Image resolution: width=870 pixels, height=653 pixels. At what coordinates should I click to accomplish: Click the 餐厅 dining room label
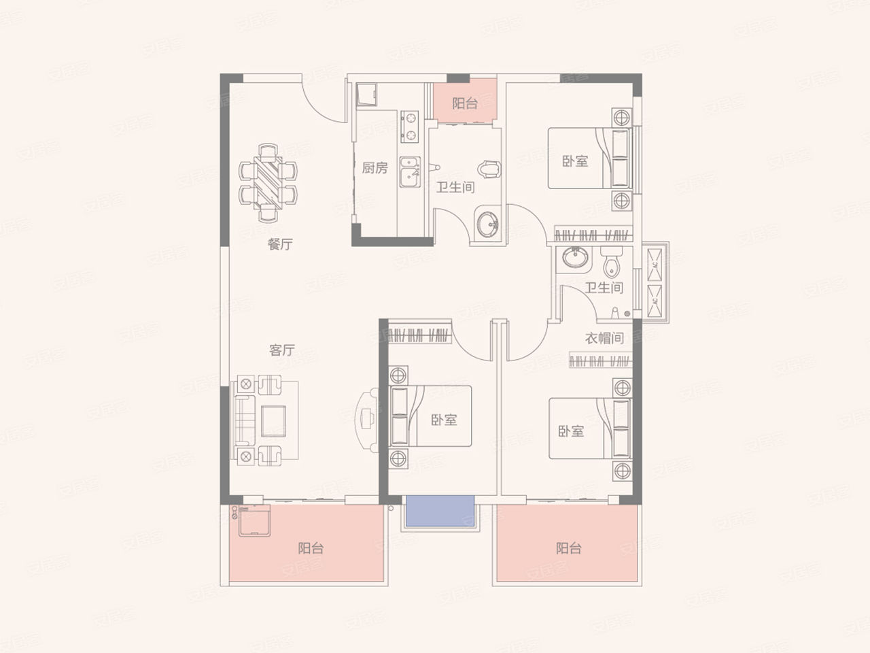click(x=280, y=244)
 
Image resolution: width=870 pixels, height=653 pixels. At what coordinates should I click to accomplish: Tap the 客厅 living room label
click(x=282, y=350)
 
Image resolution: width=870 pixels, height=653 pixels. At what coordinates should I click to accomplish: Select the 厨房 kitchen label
click(x=375, y=168)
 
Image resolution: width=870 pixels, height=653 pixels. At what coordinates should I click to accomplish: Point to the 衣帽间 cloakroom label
click(x=604, y=338)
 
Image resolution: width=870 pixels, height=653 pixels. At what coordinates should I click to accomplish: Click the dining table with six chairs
click(x=268, y=183)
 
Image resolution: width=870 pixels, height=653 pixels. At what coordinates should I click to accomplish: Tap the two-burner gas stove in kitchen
click(x=410, y=127)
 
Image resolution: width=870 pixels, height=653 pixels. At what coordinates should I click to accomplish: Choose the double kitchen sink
click(x=410, y=171)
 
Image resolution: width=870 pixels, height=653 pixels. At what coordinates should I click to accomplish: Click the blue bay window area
click(x=440, y=511)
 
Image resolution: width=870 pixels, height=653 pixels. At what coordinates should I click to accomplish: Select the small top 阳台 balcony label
click(x=465, y=103)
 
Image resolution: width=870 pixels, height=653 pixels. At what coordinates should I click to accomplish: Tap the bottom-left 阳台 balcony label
click(x=311, y=548)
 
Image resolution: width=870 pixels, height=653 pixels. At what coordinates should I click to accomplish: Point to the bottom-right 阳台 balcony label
click(x=569, y=548)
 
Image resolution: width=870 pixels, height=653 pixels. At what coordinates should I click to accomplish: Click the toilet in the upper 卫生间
click(x=489, y=169)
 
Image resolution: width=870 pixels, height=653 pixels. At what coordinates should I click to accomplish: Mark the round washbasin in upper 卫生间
click(x=487, y=224)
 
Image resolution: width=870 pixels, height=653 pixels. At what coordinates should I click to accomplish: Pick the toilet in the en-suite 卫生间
click(x=612, y=262)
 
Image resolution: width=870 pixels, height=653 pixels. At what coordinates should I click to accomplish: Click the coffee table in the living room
click(x=273, y=421)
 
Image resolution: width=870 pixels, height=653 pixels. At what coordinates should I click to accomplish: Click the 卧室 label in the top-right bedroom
click(x=575, y=161)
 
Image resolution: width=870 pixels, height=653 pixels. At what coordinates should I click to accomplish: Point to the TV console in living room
click(x=368, y=420)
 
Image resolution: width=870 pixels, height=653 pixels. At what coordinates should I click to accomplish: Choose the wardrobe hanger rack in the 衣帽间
click(x=600, y=361)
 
